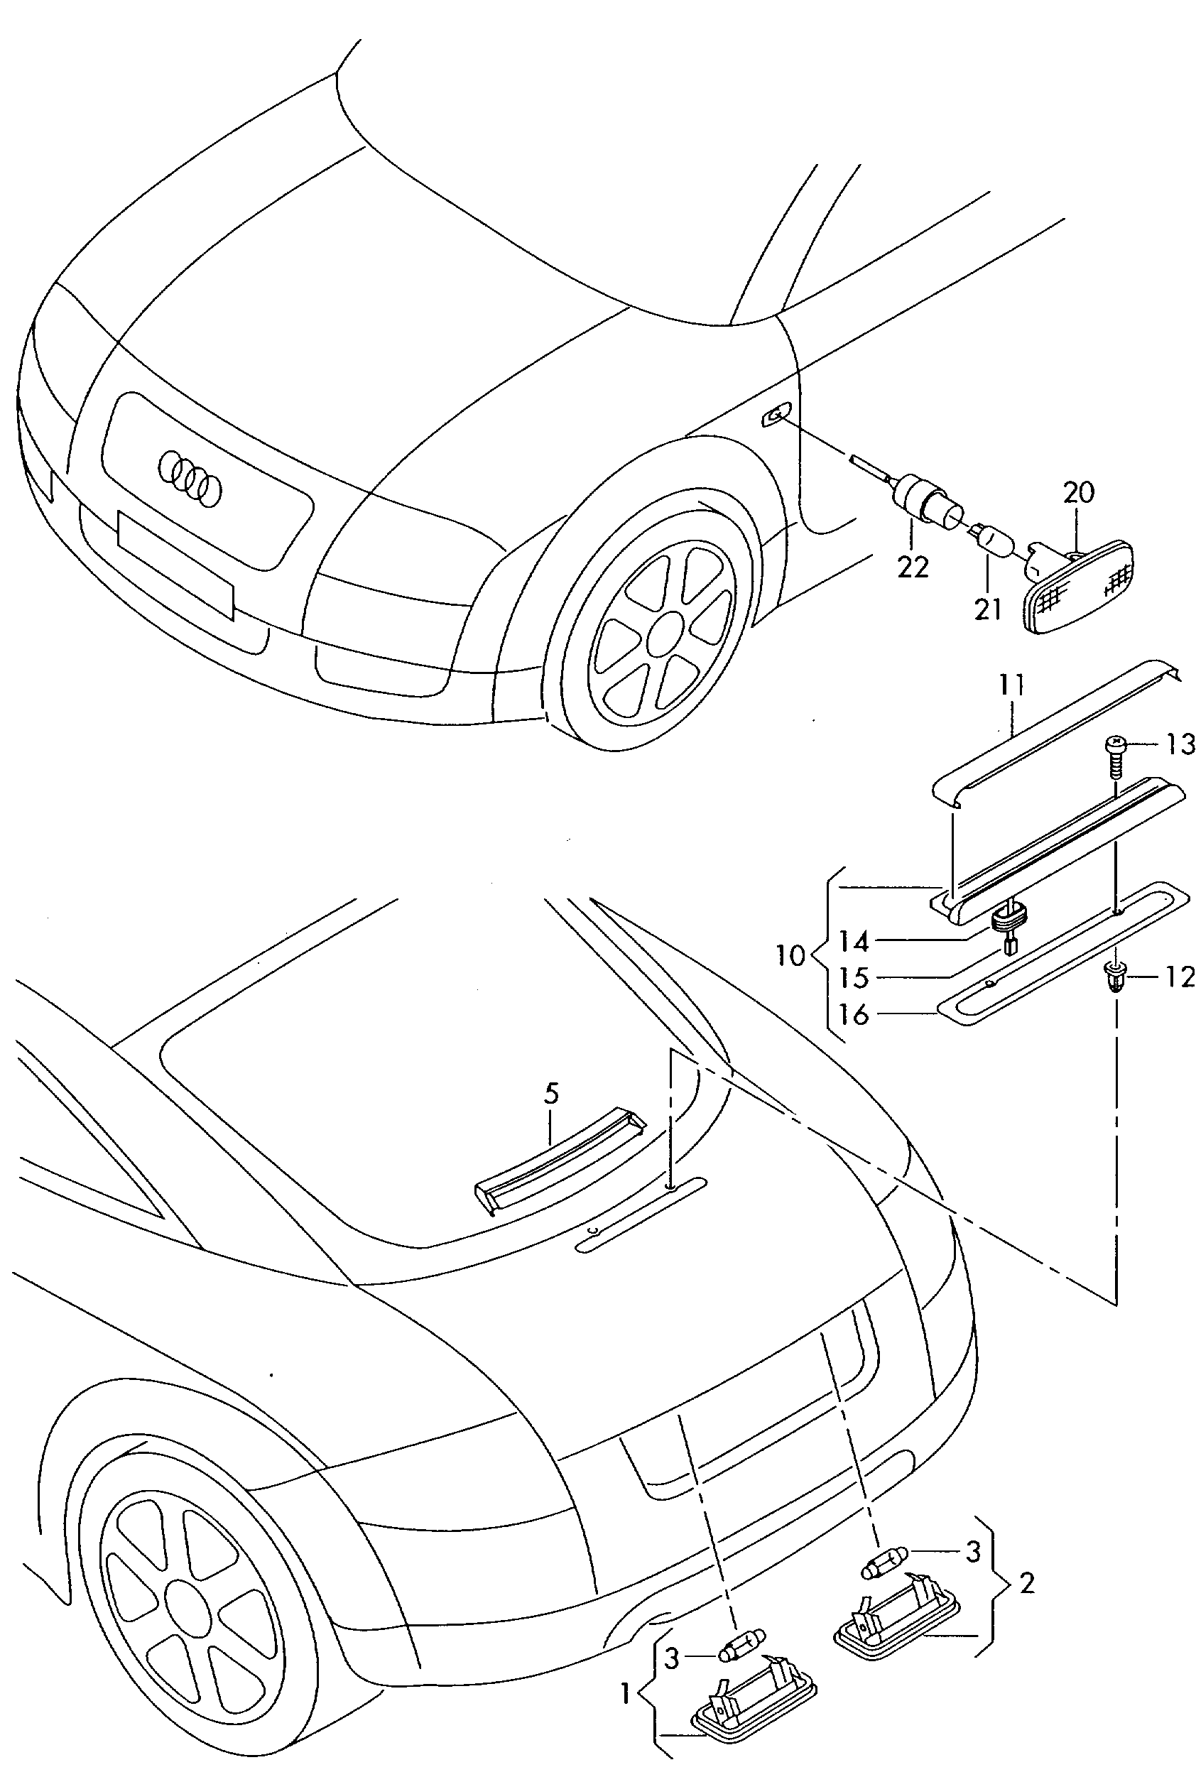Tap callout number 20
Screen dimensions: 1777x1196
pyautogui.click(x=1079, y=493)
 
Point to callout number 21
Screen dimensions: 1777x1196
pyautogui.click(x=988, y=609)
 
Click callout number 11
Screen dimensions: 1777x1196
pyautogui.click(x=1012, y=685)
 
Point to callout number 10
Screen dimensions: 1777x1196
pyautogui.click(x=790, y=955)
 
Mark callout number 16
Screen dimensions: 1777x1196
pyautogui.click(x=854, y=1015)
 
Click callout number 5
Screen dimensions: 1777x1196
pyautogui.click(x=551, y=1094)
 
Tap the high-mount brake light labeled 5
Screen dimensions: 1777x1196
pyautogui.click(x=559, y=1161)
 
